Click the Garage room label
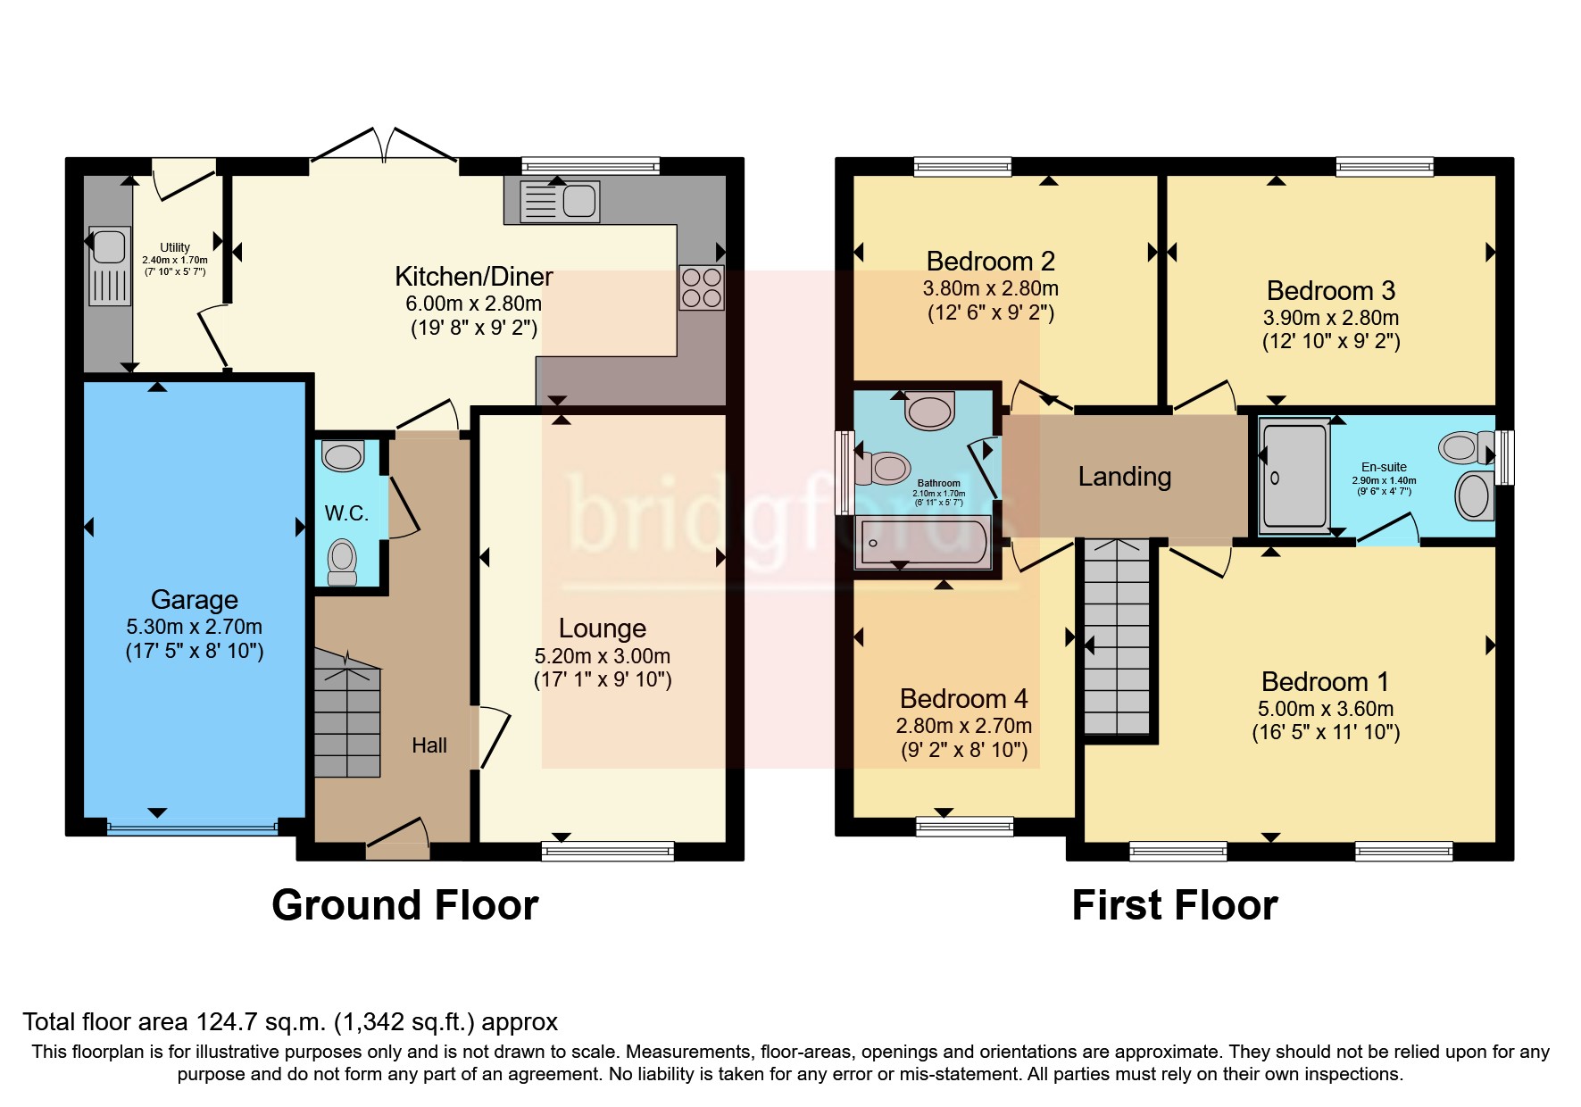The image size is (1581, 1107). coord(195,599)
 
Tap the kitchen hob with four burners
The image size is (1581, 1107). coord(702,287)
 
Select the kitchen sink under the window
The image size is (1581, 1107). coord(560,201)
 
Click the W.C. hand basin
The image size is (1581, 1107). coord(343,455)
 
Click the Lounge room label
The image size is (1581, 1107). coord(603,628)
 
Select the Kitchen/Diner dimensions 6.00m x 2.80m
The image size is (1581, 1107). coord(473,304)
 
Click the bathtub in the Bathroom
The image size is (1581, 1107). coord(923,541)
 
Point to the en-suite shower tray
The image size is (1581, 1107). coord(1294,476)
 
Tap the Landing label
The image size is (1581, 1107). coord(1125,477)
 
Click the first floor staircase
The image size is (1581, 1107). coord(1117,637)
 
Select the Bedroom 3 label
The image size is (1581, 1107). coord(1330,290)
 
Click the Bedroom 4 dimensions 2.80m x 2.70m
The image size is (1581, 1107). coord(964,726)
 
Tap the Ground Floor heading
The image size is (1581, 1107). coord(405,905)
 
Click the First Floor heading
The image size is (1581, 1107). coord(1175,905)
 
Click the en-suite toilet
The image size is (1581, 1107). coord(1466,446)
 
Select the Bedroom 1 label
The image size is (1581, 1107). coord(1325,681)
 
